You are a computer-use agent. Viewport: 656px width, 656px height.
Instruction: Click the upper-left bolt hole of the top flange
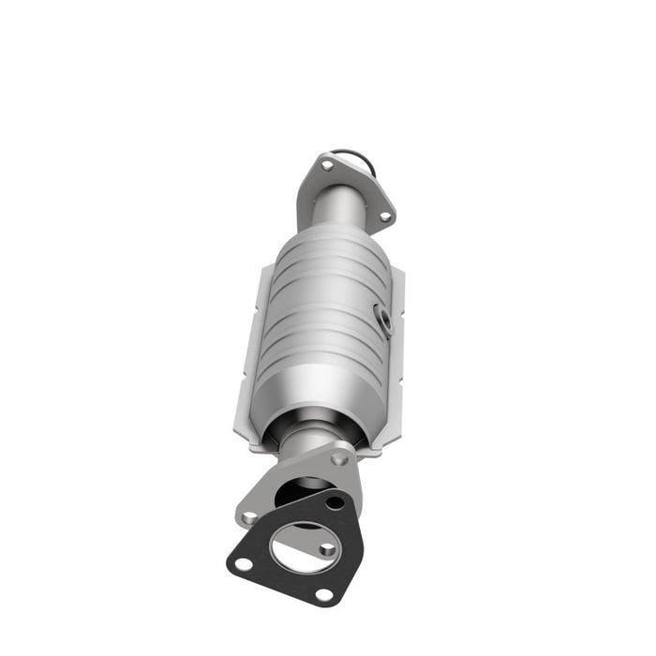click(327, 166)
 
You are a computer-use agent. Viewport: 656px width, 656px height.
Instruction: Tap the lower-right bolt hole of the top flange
click(383, 216)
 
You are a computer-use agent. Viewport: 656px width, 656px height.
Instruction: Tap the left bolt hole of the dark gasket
click(243, 563)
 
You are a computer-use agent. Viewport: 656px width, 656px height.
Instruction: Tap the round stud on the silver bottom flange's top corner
click(341, 459)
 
